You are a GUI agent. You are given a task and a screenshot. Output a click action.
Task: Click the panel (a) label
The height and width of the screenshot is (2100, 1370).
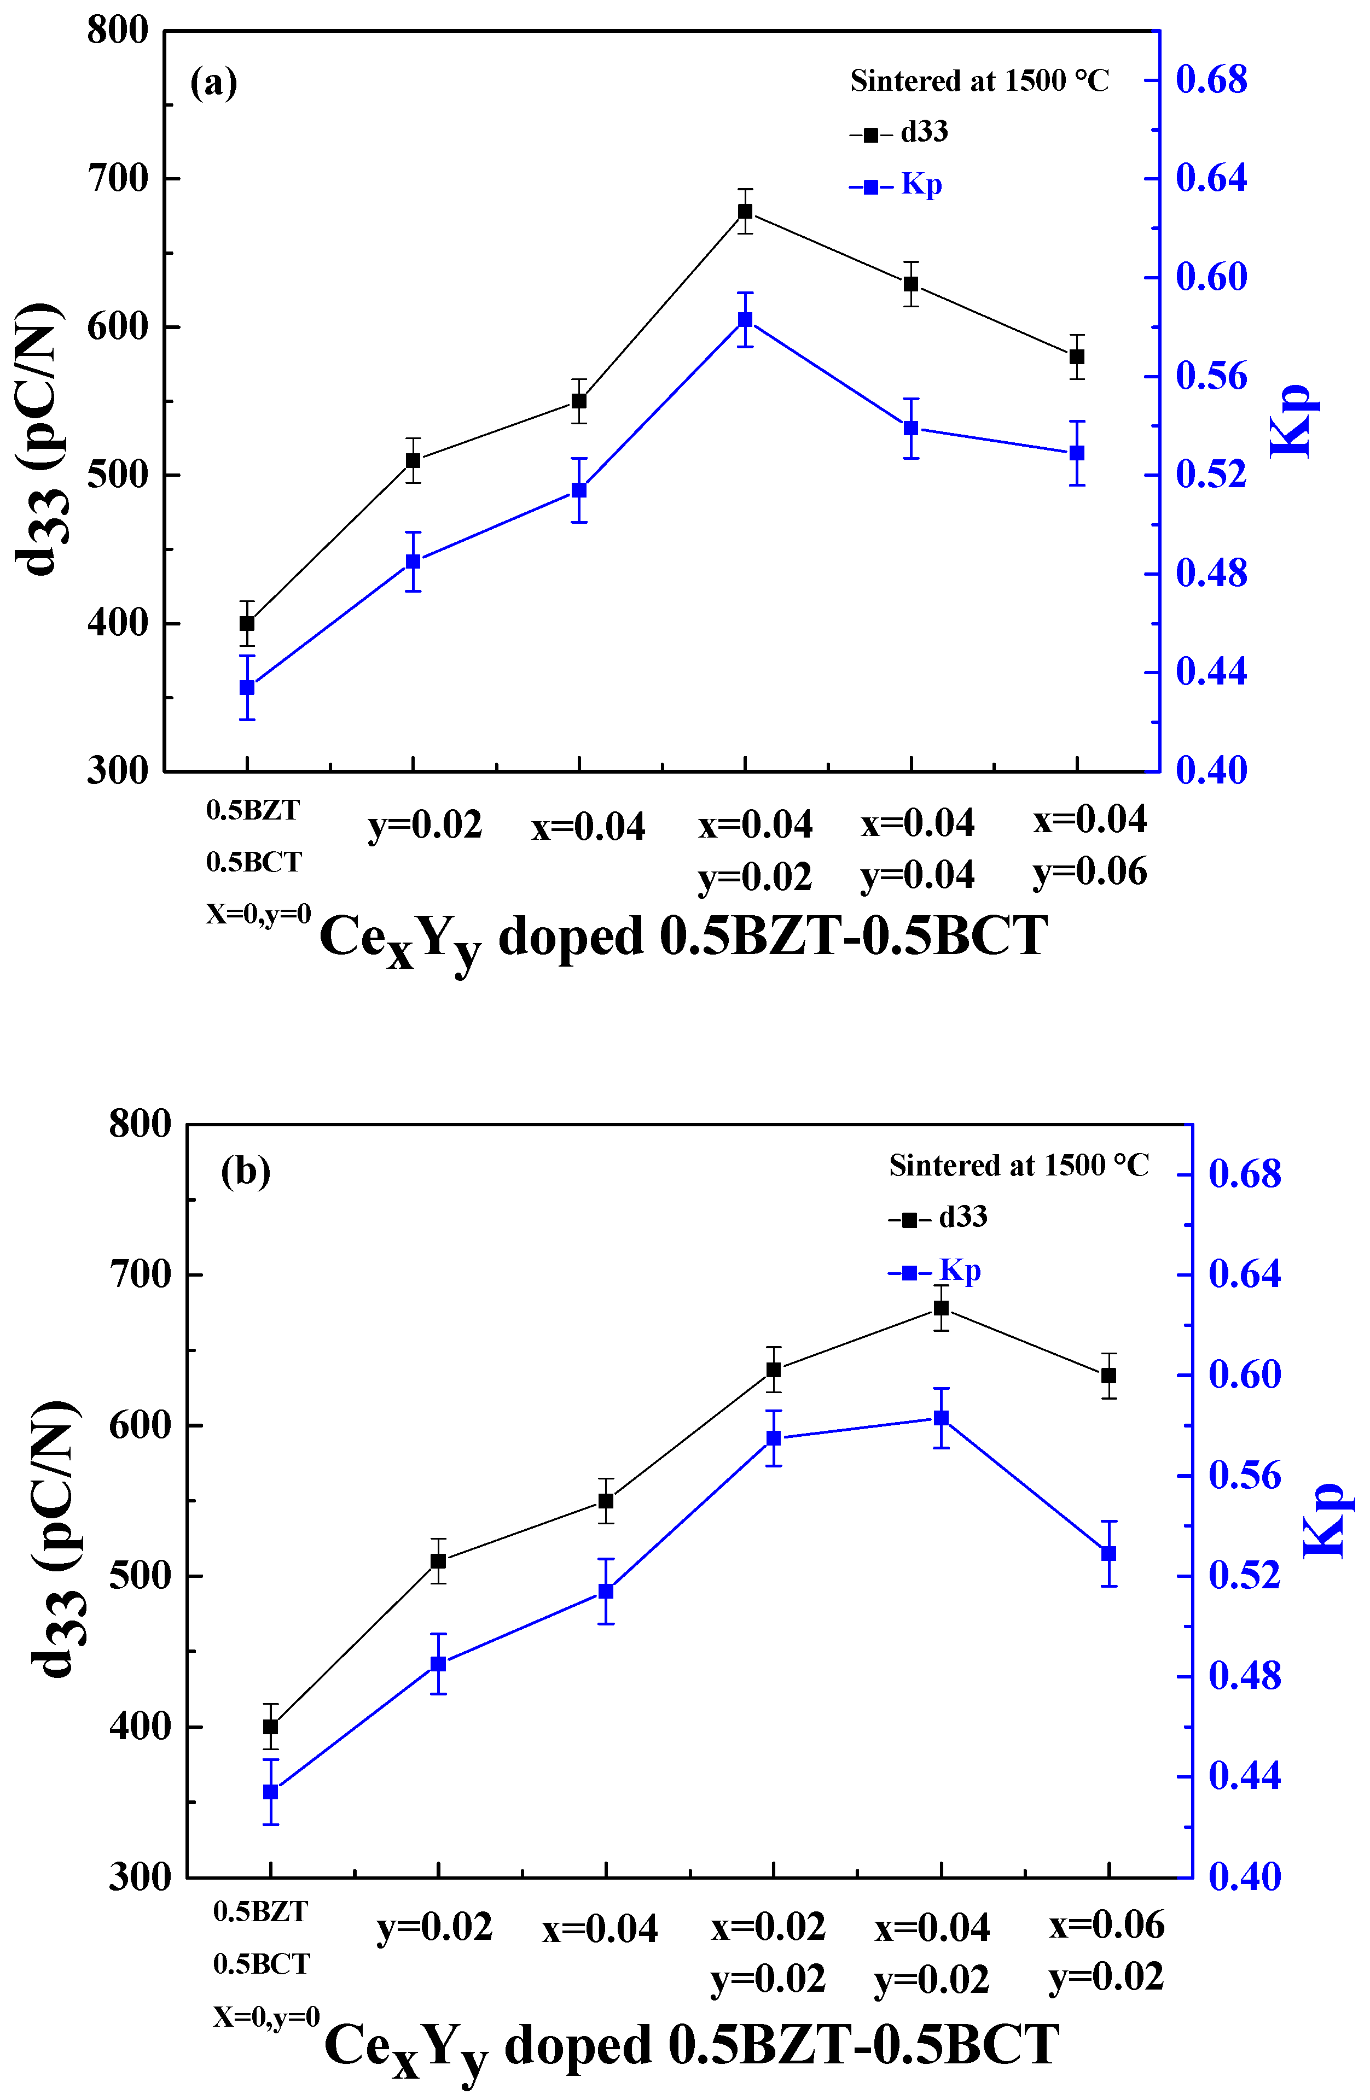tap(213, 83)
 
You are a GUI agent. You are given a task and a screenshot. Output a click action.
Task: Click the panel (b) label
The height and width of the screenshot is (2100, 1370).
tap(246, 1172)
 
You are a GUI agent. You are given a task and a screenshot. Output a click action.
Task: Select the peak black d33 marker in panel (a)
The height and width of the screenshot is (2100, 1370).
tap(745, 211)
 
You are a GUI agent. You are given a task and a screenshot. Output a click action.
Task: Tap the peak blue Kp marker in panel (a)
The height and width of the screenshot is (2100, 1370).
tap(745, 319)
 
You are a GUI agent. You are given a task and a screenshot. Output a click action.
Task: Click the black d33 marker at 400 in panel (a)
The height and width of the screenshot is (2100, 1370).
tap(247, 623)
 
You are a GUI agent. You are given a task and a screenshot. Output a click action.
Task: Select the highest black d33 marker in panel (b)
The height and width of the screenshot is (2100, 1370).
tap(941, 1308)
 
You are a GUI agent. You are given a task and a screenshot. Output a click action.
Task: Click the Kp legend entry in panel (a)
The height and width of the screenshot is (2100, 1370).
tap(897, 185)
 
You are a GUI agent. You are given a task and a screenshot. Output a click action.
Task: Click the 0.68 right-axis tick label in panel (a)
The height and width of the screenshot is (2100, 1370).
tap(1211, 80)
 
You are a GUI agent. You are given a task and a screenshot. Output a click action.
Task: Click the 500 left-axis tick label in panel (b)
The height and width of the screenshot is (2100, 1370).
tap(140, 1575)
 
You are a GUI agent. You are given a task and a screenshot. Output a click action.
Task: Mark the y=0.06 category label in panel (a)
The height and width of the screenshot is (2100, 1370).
tap(1090, 871)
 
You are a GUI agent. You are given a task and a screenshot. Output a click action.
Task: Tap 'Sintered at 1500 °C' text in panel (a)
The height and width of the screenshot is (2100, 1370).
tap(979, 81)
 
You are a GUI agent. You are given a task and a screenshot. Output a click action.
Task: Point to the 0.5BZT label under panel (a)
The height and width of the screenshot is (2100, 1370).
tap(252, 810)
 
